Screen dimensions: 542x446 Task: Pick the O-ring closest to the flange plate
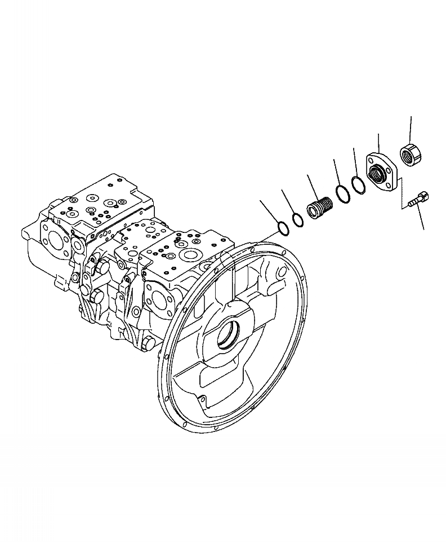click(x=358, y=184)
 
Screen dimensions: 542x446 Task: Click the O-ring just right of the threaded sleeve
click(x=340, y=193)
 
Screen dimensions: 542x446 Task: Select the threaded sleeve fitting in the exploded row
click(x=320, y=205)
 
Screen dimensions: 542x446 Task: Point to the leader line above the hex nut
click(x=411, y=129)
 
